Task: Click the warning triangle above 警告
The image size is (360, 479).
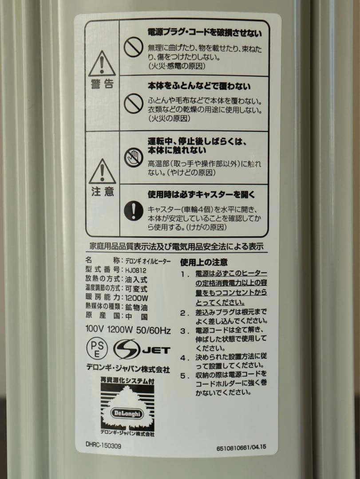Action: [x=102, y=64]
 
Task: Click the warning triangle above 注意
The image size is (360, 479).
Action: [x=102, y=171]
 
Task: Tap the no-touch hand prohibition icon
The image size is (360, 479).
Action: [x=133, y=157]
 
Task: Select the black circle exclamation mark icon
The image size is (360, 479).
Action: [x=133, y=211]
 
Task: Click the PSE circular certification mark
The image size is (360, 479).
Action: [x=97, y=349]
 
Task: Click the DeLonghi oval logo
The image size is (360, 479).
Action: [x=127, y=414]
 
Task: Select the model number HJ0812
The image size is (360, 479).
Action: [x=136, y=270]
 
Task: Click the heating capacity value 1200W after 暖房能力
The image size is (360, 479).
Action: [x=136, y=298]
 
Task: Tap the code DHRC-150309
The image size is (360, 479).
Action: [x=103, y=446]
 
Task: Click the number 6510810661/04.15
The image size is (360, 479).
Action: [x=241, y=448]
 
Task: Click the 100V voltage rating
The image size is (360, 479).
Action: [x=95, y=329]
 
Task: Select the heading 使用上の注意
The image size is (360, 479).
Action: [x=204, y=263]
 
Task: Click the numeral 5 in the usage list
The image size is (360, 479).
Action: [x=183, y=376]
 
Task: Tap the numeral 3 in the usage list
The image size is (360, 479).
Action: [x=183, y=331]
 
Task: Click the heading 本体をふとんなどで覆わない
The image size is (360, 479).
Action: [x=199, y=86]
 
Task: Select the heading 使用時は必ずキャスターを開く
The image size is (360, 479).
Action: [x=201, y=195]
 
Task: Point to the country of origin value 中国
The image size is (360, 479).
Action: [x=136, y=317]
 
